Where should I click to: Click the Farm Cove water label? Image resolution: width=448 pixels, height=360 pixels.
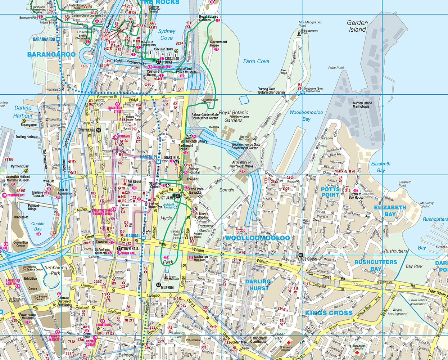[256, 62]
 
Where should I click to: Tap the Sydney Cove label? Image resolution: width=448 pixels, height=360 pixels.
[166, 35]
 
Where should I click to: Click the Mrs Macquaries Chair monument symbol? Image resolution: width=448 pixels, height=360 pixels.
[299, 33]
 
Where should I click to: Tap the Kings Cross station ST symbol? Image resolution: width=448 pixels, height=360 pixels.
[301, 255]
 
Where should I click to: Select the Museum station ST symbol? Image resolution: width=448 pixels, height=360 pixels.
[158, 285]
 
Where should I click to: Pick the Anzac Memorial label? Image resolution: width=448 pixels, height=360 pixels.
[174, 278]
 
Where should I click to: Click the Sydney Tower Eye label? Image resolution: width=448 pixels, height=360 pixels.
[155, 206]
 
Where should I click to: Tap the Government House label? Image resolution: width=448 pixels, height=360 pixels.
[218, 44]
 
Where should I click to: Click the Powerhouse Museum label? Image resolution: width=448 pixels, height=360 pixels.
[27, 316]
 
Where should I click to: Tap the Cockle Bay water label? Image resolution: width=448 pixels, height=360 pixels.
[38, 226]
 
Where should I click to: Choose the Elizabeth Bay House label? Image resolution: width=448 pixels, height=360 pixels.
[356, 195]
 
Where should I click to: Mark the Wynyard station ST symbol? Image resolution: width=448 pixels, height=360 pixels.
[98, 130]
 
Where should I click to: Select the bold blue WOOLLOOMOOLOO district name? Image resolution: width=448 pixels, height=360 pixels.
[257, 238]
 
